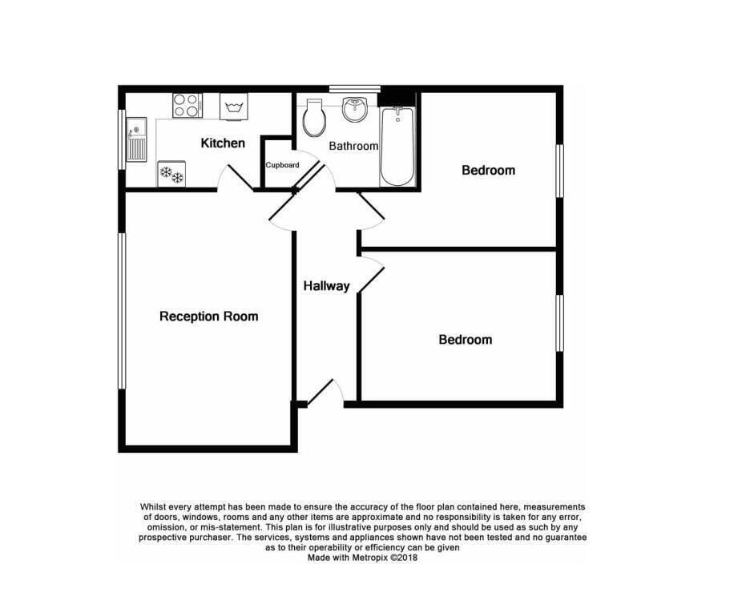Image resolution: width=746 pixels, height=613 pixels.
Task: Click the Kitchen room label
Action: click(223, 143)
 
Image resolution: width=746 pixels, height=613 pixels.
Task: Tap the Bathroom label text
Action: click(353, 146)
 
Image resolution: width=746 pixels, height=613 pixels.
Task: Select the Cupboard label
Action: click(282, 165)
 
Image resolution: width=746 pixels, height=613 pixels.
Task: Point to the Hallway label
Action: click(326, 285)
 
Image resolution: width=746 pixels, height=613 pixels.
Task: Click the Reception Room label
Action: click(209, 316)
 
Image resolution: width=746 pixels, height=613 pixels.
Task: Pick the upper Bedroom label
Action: click(488, 170)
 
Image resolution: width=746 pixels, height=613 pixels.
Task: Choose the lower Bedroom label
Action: click(466, 339)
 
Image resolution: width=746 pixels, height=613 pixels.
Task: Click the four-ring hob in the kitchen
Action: click(187, 105)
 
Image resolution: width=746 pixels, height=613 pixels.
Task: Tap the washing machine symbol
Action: click(234, 106)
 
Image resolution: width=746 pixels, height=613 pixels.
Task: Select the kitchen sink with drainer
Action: click(136, 139)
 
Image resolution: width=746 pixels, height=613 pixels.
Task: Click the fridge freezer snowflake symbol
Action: click(171, 174)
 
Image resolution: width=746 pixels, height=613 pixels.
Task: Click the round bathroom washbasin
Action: click(354, 109)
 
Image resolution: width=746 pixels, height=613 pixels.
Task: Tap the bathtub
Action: click(397, 146)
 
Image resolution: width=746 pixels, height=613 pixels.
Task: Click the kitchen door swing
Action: click(236, 178)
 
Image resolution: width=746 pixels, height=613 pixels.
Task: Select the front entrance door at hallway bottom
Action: click(325, 393)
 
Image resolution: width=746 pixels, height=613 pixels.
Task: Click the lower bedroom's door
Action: click(372, 275)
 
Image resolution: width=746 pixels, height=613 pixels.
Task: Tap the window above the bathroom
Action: click(355, 88)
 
